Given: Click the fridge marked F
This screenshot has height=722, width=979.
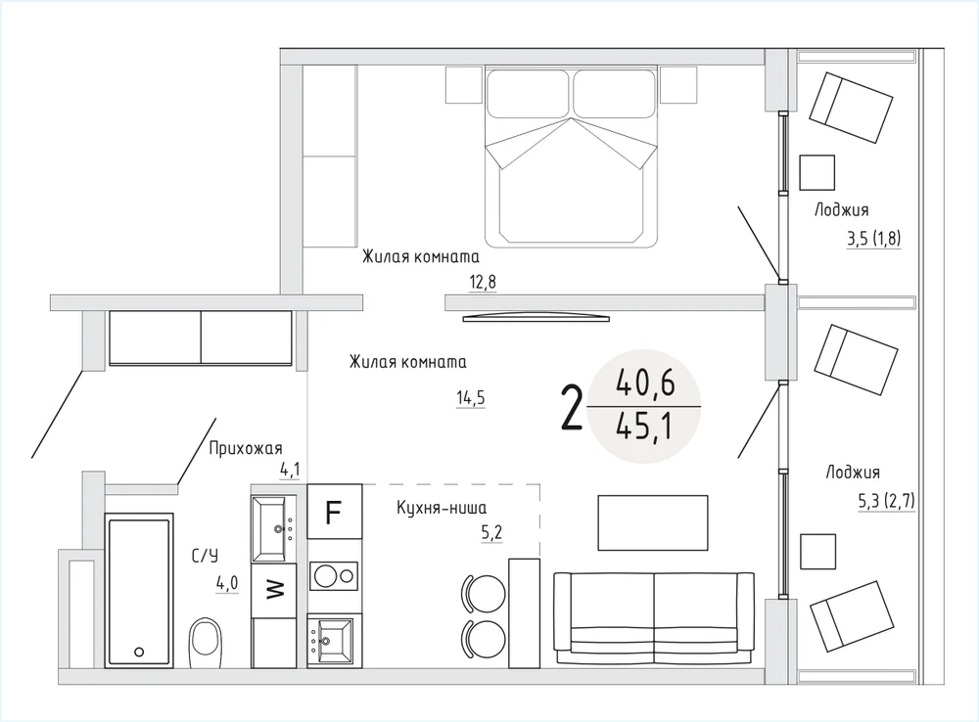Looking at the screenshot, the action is pos(335,511).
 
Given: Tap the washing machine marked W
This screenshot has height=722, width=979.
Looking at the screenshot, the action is pos(273,590).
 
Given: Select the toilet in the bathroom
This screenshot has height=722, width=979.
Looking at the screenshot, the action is pos(206,637).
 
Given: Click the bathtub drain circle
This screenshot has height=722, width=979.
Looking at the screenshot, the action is pos(139,653).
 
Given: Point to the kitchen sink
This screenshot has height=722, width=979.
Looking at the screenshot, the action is pos(333,640).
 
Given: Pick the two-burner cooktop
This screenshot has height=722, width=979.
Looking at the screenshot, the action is pos(334,576).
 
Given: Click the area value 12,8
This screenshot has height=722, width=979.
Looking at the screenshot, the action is pos(483,282).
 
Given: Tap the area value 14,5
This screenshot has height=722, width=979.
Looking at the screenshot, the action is pos(471,398).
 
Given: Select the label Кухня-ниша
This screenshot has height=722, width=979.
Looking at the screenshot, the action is pos(442,508).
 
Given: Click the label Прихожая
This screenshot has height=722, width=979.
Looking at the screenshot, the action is pos(246,448).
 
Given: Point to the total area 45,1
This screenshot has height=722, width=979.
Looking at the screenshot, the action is pos(644,428).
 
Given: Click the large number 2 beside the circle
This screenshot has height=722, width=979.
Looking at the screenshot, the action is pos(572,408).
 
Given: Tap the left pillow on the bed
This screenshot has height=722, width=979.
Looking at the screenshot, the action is pos(528,94).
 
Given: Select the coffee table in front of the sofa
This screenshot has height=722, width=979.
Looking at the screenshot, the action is pos(653,523).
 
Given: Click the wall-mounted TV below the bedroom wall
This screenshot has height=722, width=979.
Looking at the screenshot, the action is pos(536,318).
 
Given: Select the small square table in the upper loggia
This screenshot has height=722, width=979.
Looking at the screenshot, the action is pos(817,173).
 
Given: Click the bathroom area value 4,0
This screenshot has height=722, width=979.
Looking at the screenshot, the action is pos(227,584).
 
